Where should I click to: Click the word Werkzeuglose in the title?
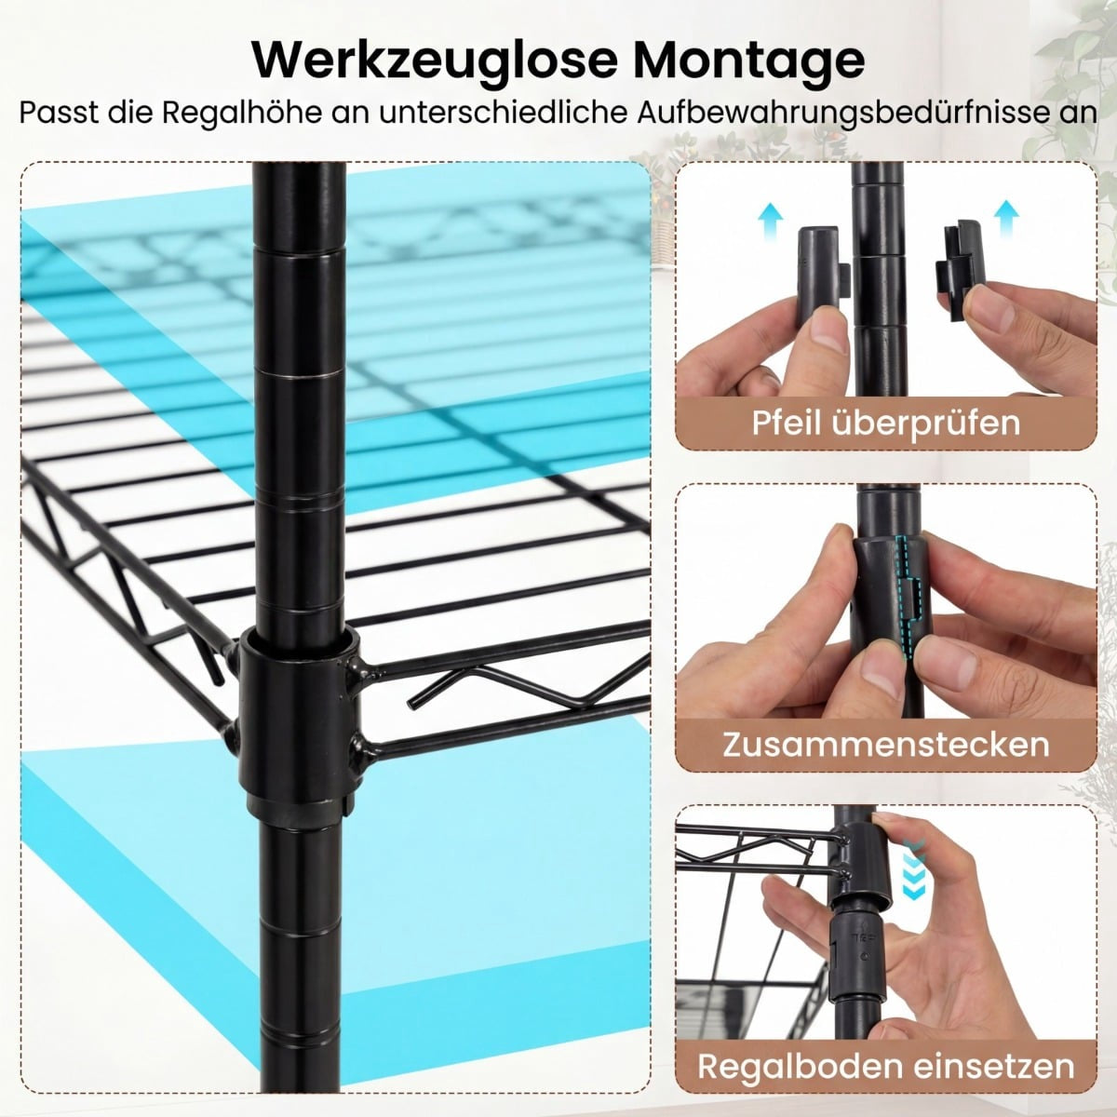(x=431, y=60)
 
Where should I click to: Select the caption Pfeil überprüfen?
(x=886, y=423)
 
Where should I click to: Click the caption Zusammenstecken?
(x=886, y=744)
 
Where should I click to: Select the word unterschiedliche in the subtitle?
(x=504, y=112)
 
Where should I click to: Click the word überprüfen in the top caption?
(x=925, y=424)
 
